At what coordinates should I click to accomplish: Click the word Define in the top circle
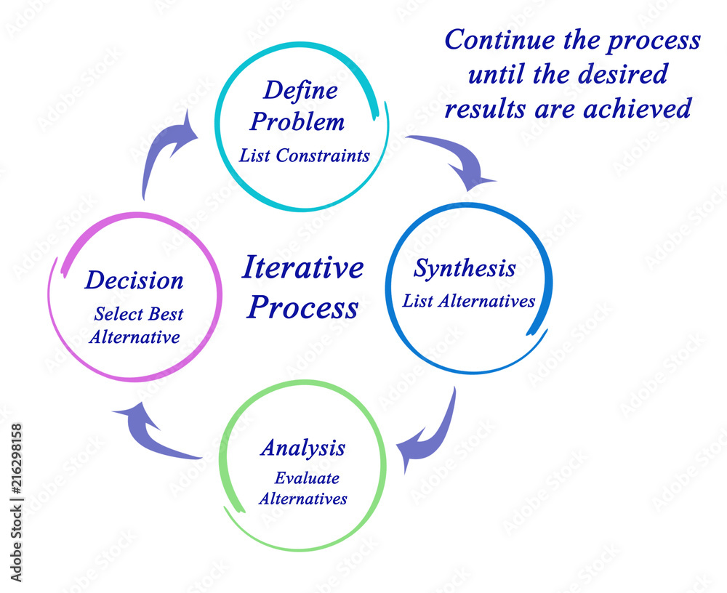[300, 91]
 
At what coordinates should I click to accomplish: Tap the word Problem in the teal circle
[297, 122]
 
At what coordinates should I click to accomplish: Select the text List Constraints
[305, 156]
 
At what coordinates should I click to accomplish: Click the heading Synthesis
[465, 268]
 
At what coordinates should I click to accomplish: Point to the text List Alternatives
[469, 301]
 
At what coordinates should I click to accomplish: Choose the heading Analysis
[302, 448]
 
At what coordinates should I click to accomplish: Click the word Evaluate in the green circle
[306, 478]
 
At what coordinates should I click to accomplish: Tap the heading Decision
[134, 281]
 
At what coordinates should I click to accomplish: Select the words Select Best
[138, 315]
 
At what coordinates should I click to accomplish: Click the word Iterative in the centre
[302, 267]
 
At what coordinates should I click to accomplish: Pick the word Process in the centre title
[302, 307]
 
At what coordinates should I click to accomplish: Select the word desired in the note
[629, 74]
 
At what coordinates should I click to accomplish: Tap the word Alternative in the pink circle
[137, 337]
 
